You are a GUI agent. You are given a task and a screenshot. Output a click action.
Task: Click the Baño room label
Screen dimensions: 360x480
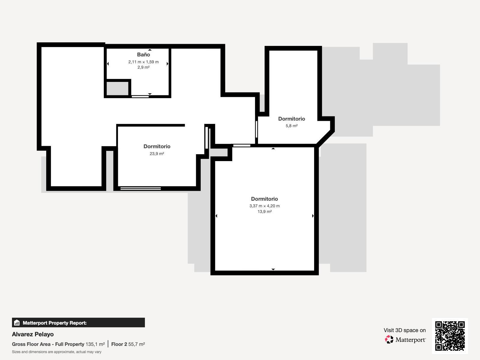coord(143,55)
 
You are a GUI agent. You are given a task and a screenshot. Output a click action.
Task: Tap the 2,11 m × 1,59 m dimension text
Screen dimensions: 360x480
coord(143,62)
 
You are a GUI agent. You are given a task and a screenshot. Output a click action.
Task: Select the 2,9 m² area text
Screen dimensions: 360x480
coord(143,67)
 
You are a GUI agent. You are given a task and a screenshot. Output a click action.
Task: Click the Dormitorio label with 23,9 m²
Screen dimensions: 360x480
coord(157,146)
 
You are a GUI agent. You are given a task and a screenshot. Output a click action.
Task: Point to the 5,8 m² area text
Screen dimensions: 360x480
coord(292,126)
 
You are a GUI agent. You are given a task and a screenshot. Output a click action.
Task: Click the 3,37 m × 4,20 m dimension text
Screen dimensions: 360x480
coord(264,206)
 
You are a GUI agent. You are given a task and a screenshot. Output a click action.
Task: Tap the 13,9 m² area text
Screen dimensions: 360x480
coord(264,211)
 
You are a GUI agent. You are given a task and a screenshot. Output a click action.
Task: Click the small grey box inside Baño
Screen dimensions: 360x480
coord(118,88)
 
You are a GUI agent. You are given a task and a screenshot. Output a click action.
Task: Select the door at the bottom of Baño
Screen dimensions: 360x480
coord(140,96)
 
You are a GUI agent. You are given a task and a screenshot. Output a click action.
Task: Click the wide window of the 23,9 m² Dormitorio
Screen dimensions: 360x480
coord(140,188)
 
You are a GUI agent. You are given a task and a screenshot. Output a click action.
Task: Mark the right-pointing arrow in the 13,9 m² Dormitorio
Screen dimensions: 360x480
coord(313,216)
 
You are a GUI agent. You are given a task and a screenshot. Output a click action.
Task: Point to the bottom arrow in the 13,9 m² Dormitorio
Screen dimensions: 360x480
coord(273,269)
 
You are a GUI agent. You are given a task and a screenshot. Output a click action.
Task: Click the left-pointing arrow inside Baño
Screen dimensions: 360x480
coord(108,64)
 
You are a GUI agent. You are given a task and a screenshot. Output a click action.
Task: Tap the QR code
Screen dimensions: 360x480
coord(450,336)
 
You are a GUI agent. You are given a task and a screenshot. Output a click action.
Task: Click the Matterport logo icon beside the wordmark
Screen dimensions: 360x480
coord(389,339)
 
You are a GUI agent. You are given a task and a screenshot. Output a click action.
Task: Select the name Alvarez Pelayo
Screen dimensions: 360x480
coord(33,334)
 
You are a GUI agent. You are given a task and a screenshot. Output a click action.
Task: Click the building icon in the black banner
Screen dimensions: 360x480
coord(17,323)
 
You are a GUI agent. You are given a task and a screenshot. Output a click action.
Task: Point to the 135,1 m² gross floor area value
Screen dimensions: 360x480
coord(95,344)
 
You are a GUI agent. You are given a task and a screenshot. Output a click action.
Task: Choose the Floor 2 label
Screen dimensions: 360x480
coord(119,344)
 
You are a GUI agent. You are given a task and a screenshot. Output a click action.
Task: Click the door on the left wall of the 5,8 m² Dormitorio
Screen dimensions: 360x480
coord(256,129)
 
